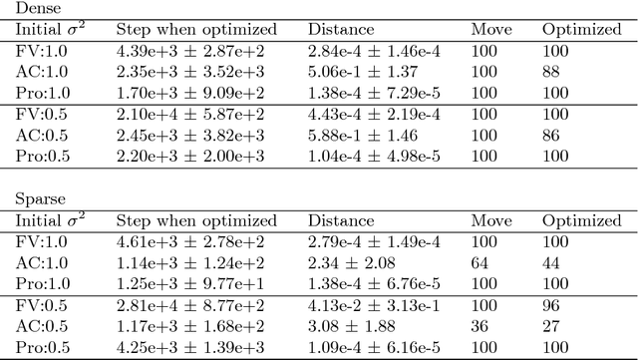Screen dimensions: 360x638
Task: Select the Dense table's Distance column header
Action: [341, 29]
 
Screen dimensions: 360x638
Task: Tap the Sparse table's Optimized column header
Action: [580, 220]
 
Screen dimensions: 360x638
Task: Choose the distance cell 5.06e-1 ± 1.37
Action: [359, 71]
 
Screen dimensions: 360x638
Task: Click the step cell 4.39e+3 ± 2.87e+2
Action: [186, 50]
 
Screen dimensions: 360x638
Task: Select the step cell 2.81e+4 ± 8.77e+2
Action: [186, 304]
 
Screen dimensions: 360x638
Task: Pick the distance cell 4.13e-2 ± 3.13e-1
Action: [374, 304]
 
